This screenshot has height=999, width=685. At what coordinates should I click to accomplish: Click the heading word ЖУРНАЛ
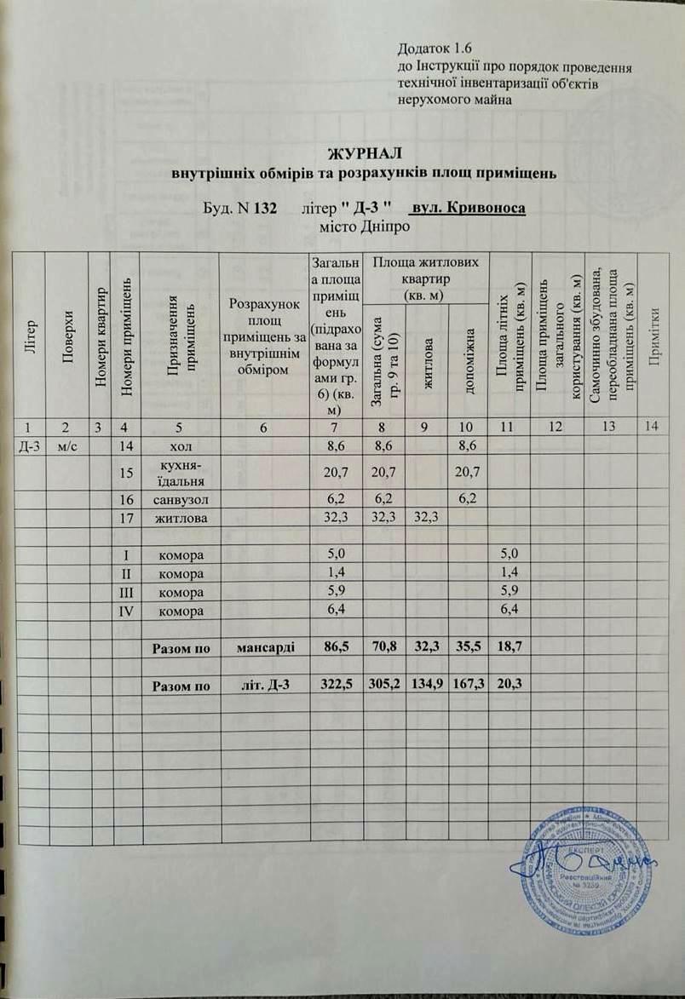pyautogui.click(x=364, y=153)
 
